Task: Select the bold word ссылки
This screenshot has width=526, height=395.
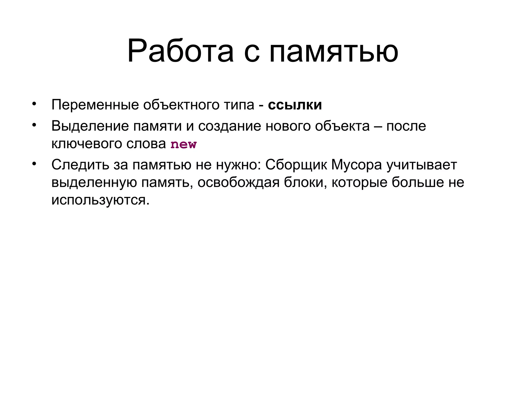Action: (x=295, y=105)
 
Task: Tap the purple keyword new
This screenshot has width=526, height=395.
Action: (x=183, y=144)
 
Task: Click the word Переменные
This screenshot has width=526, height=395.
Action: (x=95, y=105)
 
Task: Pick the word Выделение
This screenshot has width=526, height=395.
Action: (x=90, y=126)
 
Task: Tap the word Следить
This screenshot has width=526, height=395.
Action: (x=80, y=165)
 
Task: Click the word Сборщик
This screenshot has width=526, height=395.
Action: (x=296, y=165)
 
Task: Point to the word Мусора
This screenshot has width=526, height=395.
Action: (x=356, y=165)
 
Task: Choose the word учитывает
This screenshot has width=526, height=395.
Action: (x=422, y=165)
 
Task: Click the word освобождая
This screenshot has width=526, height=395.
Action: (x=238, y=183)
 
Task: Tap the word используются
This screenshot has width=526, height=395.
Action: (x=100, y=200)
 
